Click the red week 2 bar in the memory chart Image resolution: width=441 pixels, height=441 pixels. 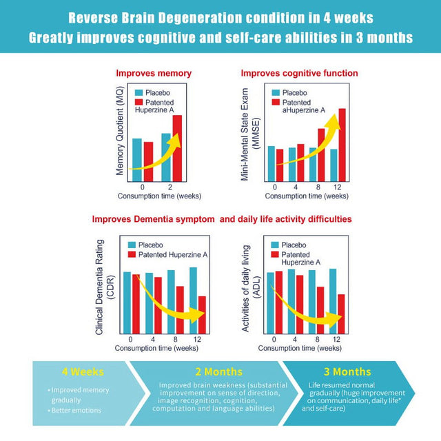(177, 147)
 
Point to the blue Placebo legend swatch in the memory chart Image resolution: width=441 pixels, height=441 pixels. (139, 92)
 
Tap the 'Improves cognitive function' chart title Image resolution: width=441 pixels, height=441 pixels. (299, 73)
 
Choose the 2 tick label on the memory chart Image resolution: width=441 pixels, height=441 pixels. (170, 187)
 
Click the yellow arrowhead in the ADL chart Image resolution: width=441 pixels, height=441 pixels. (337, 318)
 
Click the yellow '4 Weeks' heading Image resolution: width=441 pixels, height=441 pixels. (83, 371)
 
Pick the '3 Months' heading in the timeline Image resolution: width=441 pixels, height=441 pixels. (347, 371)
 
